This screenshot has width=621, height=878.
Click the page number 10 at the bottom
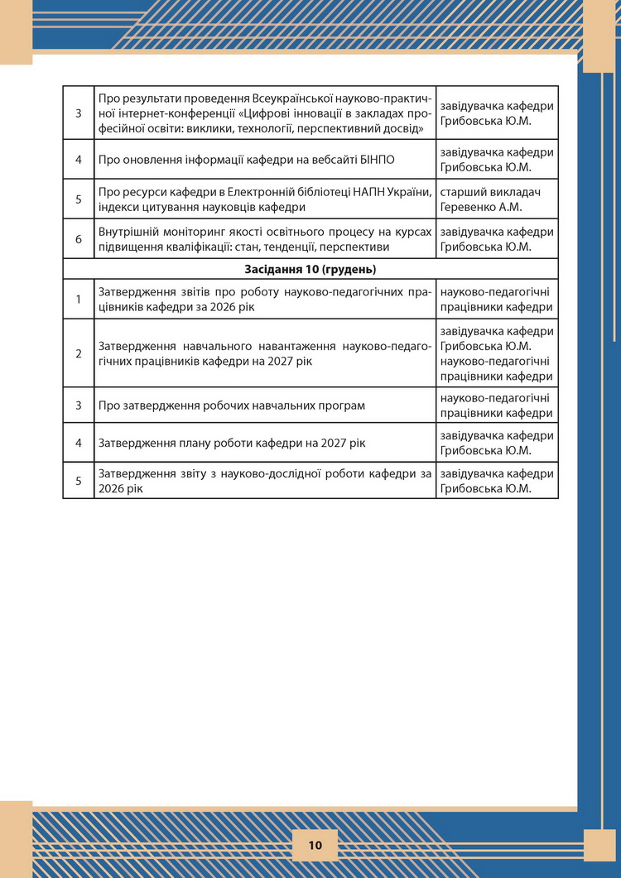(x=315, y=845)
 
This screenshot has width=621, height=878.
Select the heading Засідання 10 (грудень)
(x=310, y=270)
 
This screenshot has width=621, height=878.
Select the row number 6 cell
(x=79, y=239)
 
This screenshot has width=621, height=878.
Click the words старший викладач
(x=490, y=193)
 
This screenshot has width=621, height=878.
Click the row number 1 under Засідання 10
(x=79, y=299)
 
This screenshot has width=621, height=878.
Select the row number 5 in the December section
(x=79, y=481)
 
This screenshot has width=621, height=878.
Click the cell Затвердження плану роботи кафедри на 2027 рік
(x=232, y=443)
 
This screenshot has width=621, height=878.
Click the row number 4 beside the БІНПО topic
(x=79, y=159)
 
